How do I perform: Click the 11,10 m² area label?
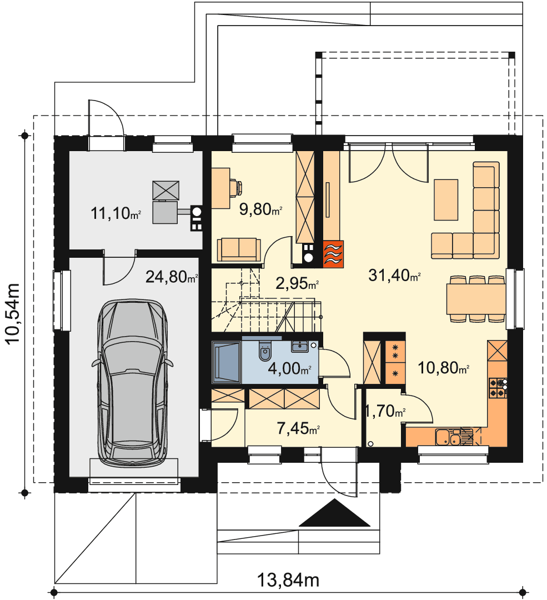click(116, 213)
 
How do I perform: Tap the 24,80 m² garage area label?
click(172, 276)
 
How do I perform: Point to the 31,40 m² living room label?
click(394, 275)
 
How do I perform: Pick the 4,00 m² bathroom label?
click(289, 368)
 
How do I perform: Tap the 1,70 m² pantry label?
click(385, 411)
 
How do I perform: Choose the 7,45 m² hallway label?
click(298, 428)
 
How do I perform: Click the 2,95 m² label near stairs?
click(297, 283)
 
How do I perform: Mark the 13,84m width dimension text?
click(288, 580)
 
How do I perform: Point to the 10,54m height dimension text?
click(12, 314)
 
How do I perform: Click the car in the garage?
click(132, 383)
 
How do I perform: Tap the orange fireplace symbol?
click(333, 254)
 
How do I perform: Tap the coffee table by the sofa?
click(446, 200)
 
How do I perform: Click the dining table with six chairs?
click(476, 299)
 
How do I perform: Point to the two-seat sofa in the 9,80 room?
click(239, 249)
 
